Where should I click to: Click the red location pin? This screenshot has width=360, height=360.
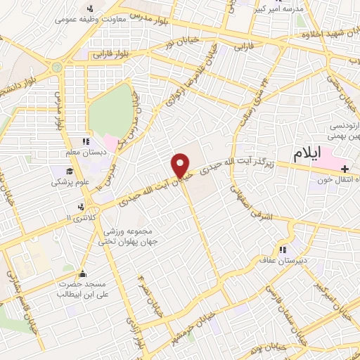(x=182, y=165)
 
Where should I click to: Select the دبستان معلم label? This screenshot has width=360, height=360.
(x=85, y=152)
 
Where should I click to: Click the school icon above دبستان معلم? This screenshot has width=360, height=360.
(x=86, y=141)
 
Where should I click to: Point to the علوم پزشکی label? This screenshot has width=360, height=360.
(x=67, y=181)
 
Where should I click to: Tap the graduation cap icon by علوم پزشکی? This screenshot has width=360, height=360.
(x=70, y=171)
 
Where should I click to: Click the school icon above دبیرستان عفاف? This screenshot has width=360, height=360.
(x=283, y=250)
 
